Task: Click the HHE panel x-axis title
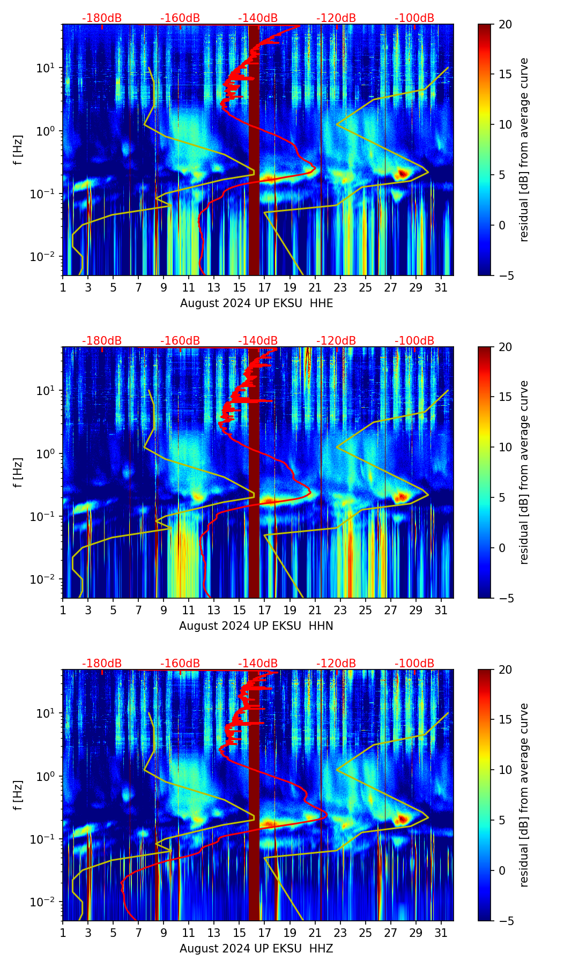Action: tap(256, 303)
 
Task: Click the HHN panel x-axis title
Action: tap(256, 626)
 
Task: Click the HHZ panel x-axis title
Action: tap(256, 949)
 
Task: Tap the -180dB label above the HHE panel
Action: tap(102, 18)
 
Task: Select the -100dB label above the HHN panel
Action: tap(414, 341)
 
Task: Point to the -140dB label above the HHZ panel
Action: tap(258, 664)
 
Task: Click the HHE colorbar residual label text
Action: tap(524, 150)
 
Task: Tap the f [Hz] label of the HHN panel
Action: tap(18, 472)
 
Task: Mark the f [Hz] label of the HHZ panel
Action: tap(18, 795)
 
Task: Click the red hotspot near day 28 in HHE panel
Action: tap(403, 173)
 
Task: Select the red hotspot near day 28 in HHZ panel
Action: tap(402, 819)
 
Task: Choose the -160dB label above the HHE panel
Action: tap(180, 18)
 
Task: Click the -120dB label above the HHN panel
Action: tap(336, 341)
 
